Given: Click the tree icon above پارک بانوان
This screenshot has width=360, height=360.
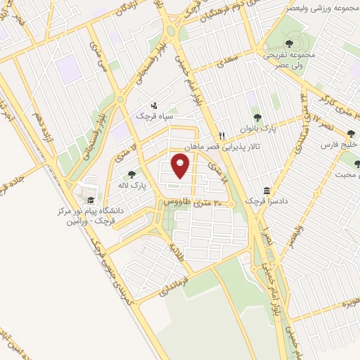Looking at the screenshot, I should pos(257,117).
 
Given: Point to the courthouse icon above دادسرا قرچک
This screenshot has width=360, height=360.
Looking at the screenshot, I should pos(266,190).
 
